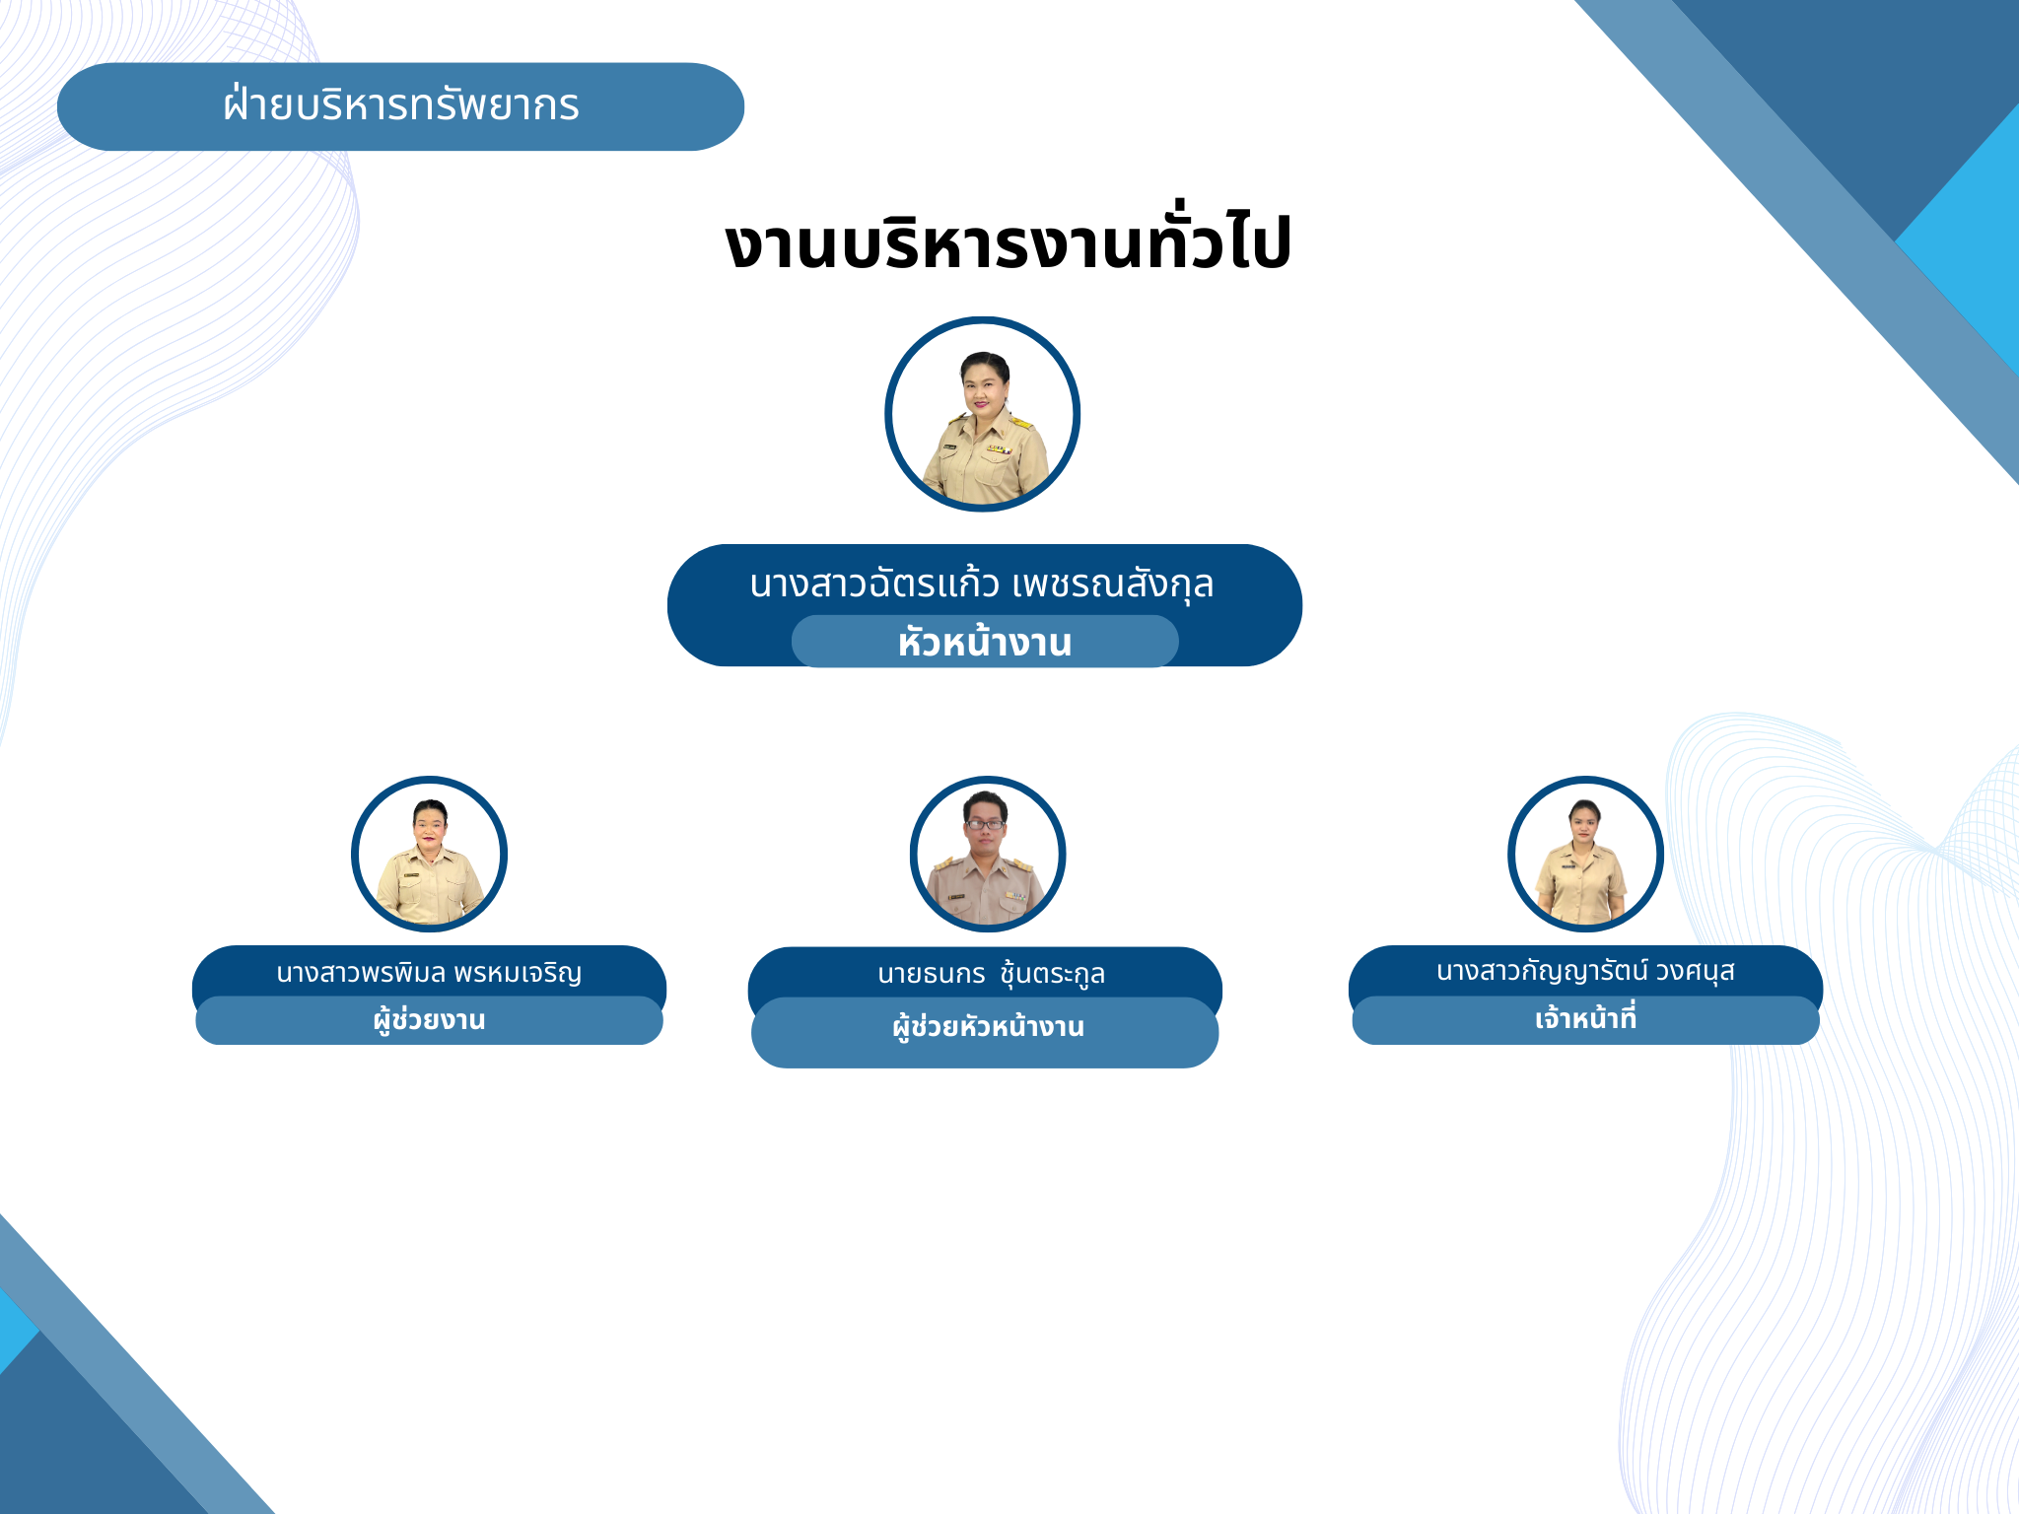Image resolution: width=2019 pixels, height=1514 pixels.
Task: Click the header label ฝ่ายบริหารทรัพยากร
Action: click(x=401, y=104)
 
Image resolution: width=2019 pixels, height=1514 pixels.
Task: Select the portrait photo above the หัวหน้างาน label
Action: click(x=983, y=414)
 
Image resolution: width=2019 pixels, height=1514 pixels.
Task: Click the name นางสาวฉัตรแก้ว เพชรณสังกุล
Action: click(x=981, y=584)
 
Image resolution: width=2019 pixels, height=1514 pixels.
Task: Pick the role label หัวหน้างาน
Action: click(x=985, y=642)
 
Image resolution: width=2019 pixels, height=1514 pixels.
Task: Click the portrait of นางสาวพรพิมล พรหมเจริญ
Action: click(x=429, y=854)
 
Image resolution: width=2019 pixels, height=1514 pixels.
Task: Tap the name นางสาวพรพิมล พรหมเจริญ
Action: click(x=429, y=973)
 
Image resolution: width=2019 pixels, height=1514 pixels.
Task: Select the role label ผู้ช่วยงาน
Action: click(x=429, y=1020)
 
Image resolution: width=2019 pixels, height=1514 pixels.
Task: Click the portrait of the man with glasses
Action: click(x=988, y=854)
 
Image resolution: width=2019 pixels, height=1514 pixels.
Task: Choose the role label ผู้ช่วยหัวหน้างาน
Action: click(x=988, y=1027)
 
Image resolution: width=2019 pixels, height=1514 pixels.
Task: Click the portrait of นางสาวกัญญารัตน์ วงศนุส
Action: click(x=1585, y=854)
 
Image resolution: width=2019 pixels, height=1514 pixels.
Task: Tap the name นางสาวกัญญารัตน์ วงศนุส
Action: click(x=1585, y=972)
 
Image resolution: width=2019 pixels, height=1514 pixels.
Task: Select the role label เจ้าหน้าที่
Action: click(x=1585, y=1018)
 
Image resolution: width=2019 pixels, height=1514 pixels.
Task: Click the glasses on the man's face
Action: click(x=986, y=824)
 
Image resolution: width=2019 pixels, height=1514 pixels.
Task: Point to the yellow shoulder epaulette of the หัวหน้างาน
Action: click(x=1020, y=424)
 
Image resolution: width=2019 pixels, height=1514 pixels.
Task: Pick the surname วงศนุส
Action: click(x=1695, y=972)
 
